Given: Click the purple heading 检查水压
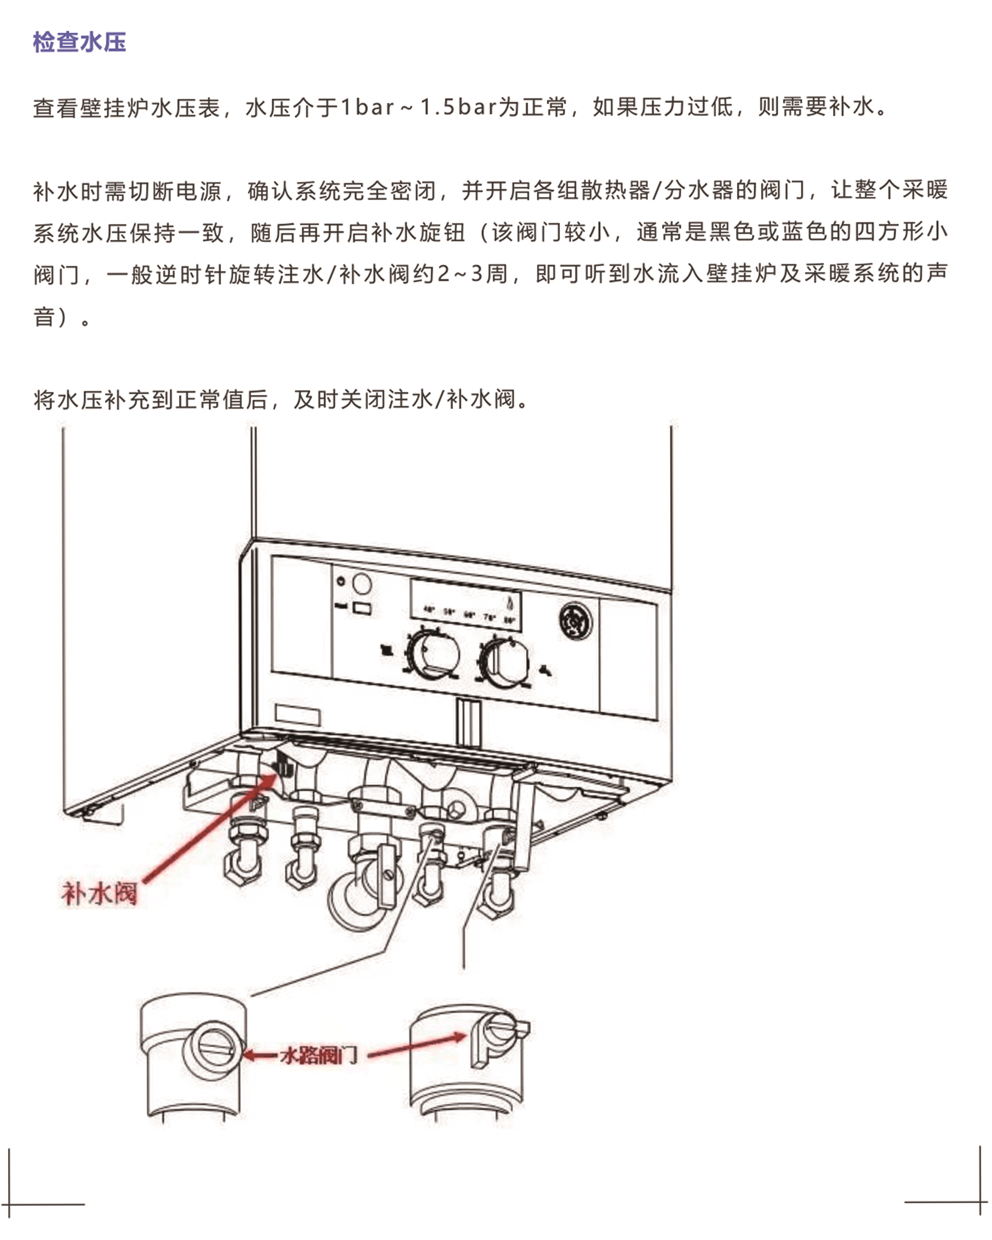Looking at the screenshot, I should click(x=79, y=42).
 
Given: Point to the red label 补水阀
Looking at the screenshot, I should click(x=100, y=894).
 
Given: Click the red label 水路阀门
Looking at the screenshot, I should click(x=319, y=1055).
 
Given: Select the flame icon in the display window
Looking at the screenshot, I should click(x=509, y=603).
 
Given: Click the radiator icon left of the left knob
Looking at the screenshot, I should click(x=388, y=650).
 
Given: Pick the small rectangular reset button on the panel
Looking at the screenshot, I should click(x=362, y=608).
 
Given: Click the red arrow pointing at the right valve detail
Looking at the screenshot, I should click(x=417, y=1046).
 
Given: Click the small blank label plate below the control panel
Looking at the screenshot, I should click(x=297, y=715).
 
